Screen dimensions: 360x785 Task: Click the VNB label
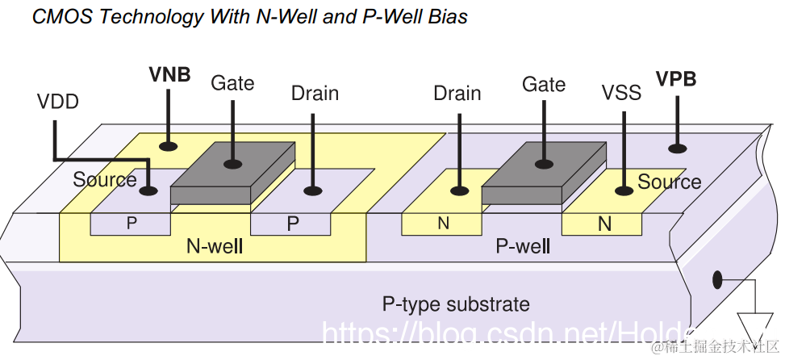click(169, 75)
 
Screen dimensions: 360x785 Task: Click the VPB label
click(675, 79)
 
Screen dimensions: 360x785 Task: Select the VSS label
click(621, 93)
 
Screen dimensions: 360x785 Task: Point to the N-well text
click(215, 247)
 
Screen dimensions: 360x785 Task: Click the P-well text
click(523, 246)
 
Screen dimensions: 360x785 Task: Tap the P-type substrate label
click(456, 304)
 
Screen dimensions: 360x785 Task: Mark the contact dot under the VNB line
click(169, 146)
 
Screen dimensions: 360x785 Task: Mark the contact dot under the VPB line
click(676, 148)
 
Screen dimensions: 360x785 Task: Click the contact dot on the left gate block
click(232, 164)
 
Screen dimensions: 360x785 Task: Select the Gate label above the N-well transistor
click(232, 83)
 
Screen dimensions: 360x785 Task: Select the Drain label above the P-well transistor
click(457, 94)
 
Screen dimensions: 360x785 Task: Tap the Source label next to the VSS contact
click(669, 182)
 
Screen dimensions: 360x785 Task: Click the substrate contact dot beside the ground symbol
click(716, 280)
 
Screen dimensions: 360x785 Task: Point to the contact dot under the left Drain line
click(313, 191)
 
